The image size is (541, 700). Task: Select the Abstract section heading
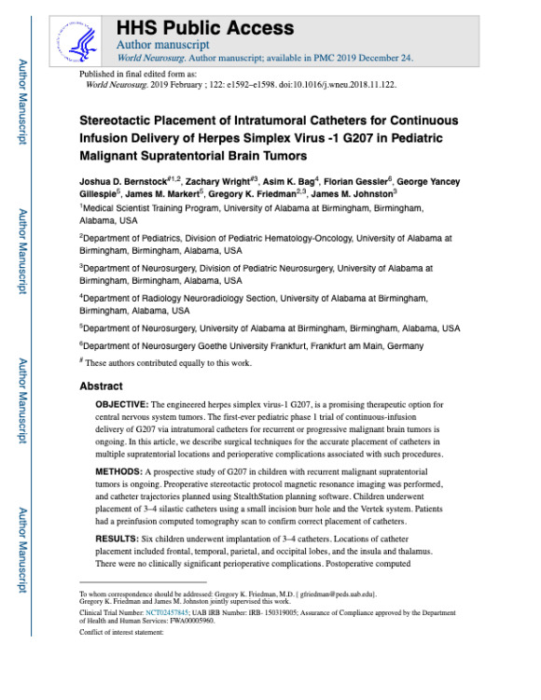101,385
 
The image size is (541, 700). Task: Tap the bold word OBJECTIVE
127,404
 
